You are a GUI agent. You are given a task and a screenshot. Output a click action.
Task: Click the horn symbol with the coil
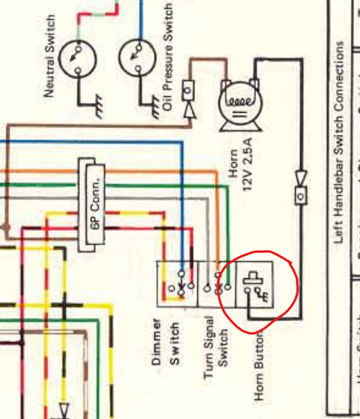(x=238, y=103)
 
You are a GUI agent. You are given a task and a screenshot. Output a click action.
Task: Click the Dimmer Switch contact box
(x=176, y=284)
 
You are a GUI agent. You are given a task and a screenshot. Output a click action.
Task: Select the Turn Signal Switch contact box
(x=214, y=284)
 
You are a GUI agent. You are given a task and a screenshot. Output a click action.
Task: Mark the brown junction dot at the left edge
(x=6, y=227)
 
